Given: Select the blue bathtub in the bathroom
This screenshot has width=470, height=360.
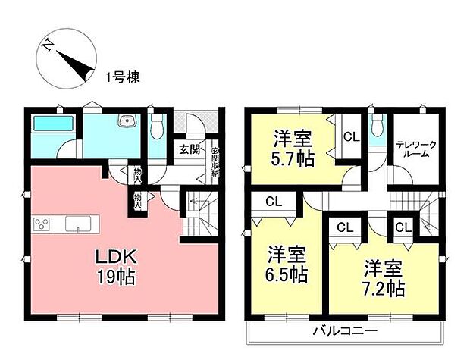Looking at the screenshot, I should (52, 124).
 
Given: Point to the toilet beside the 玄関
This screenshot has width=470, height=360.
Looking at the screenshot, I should (157, 128).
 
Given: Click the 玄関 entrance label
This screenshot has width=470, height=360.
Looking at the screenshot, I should (189, 149).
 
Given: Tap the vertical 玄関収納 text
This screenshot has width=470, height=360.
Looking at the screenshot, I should (215, 161).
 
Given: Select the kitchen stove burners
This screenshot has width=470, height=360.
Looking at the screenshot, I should (42, 224).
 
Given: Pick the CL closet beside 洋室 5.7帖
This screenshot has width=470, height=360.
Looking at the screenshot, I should (349, 137).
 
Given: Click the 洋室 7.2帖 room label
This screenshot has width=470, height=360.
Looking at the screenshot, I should (383, 278).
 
